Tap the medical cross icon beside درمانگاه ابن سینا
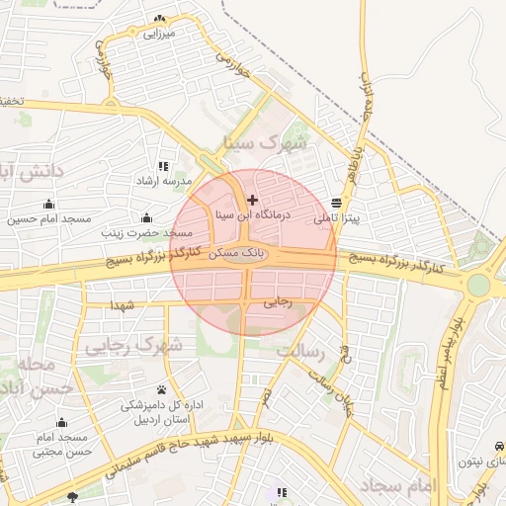point(252,200)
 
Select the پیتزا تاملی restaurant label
point(338,217)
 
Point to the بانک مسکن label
point(238,254)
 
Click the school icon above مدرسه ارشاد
point(163,166)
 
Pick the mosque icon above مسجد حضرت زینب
point(147,217)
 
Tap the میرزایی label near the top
point(159,34)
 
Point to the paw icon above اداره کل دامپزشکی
point(161,388)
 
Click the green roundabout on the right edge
point(478,286)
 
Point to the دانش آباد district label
point(30,172)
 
